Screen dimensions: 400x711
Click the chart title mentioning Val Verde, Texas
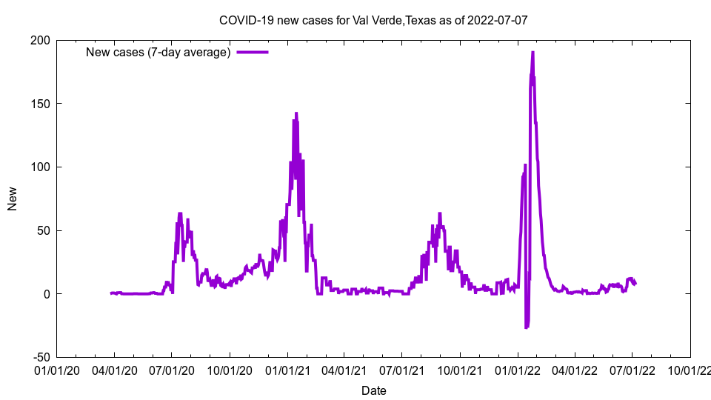[373, 20]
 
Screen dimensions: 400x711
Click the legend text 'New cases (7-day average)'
[158, 53]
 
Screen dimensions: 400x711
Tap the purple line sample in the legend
[252, 53]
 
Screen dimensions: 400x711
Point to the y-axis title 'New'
[13, 199]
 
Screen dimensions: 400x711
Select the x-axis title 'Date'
[373, 390]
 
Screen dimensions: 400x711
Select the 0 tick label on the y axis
[47, 294]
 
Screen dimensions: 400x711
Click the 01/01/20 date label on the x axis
[57, 370]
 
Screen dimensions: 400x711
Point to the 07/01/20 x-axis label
[172, 370]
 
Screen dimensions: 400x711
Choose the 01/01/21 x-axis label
[287, 370]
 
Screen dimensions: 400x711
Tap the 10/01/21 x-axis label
[459, 370]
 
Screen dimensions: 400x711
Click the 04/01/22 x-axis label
[574, 370]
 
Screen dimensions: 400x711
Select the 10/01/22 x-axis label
[690, 370]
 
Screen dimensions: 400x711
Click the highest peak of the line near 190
[533, 53]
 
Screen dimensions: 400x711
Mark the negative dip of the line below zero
[527, 326]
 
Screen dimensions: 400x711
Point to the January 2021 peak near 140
[296, 114]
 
